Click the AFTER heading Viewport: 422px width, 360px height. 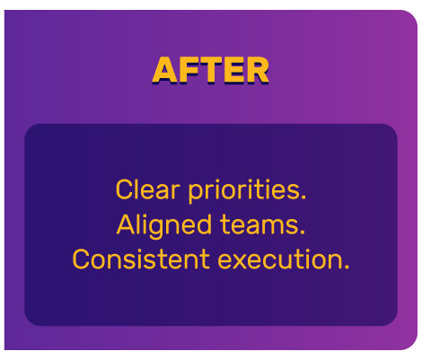(210, 70)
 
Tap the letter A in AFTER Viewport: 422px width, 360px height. (165, 70)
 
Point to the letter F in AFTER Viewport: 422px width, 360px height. (188, 70)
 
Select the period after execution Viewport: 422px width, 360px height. (347, 268)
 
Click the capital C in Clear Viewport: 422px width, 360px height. (124, 190)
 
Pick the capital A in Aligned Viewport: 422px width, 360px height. (126, 224)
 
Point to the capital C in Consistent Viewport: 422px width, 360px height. (82, 259)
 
